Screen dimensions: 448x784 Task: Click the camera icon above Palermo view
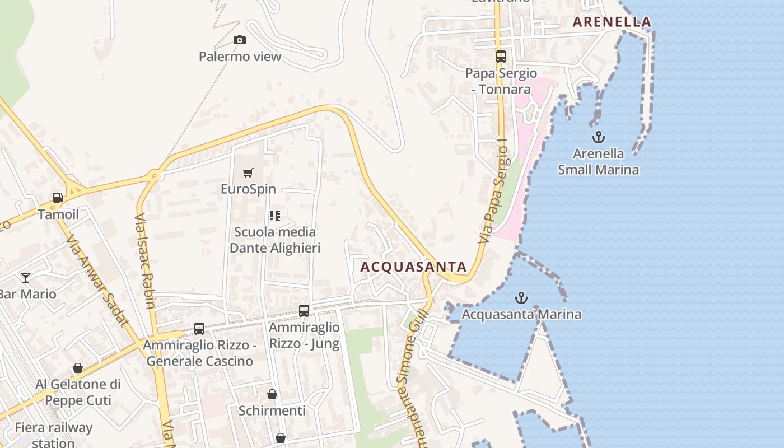[239, 40]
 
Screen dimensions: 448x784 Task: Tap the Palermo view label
[240, 57]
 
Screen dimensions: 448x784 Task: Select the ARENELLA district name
[612, 22]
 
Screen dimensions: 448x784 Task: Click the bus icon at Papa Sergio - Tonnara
[501, 56]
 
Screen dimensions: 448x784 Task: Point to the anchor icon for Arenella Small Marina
[599, 137]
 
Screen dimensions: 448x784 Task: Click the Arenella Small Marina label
[598, 161]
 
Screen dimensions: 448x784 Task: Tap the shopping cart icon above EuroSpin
[248, 172]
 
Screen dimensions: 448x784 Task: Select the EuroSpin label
[248, 189]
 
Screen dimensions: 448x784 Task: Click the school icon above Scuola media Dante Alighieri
[274, 216]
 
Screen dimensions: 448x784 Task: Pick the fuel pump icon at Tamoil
[58, 198]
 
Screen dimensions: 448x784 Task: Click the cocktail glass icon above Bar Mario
[26, 277]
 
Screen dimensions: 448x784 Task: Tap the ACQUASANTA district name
[413, 267]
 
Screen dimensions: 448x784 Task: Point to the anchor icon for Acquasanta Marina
[521, 298]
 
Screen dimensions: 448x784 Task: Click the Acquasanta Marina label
[521, 314]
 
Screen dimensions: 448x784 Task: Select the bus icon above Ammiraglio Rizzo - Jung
[304, 310]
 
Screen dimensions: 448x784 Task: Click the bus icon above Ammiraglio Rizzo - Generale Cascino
[199, 329]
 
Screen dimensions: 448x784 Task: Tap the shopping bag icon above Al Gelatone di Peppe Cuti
[78, 368]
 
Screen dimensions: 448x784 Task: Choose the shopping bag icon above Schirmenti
[272, 394]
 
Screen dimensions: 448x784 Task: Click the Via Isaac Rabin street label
[144, 261]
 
